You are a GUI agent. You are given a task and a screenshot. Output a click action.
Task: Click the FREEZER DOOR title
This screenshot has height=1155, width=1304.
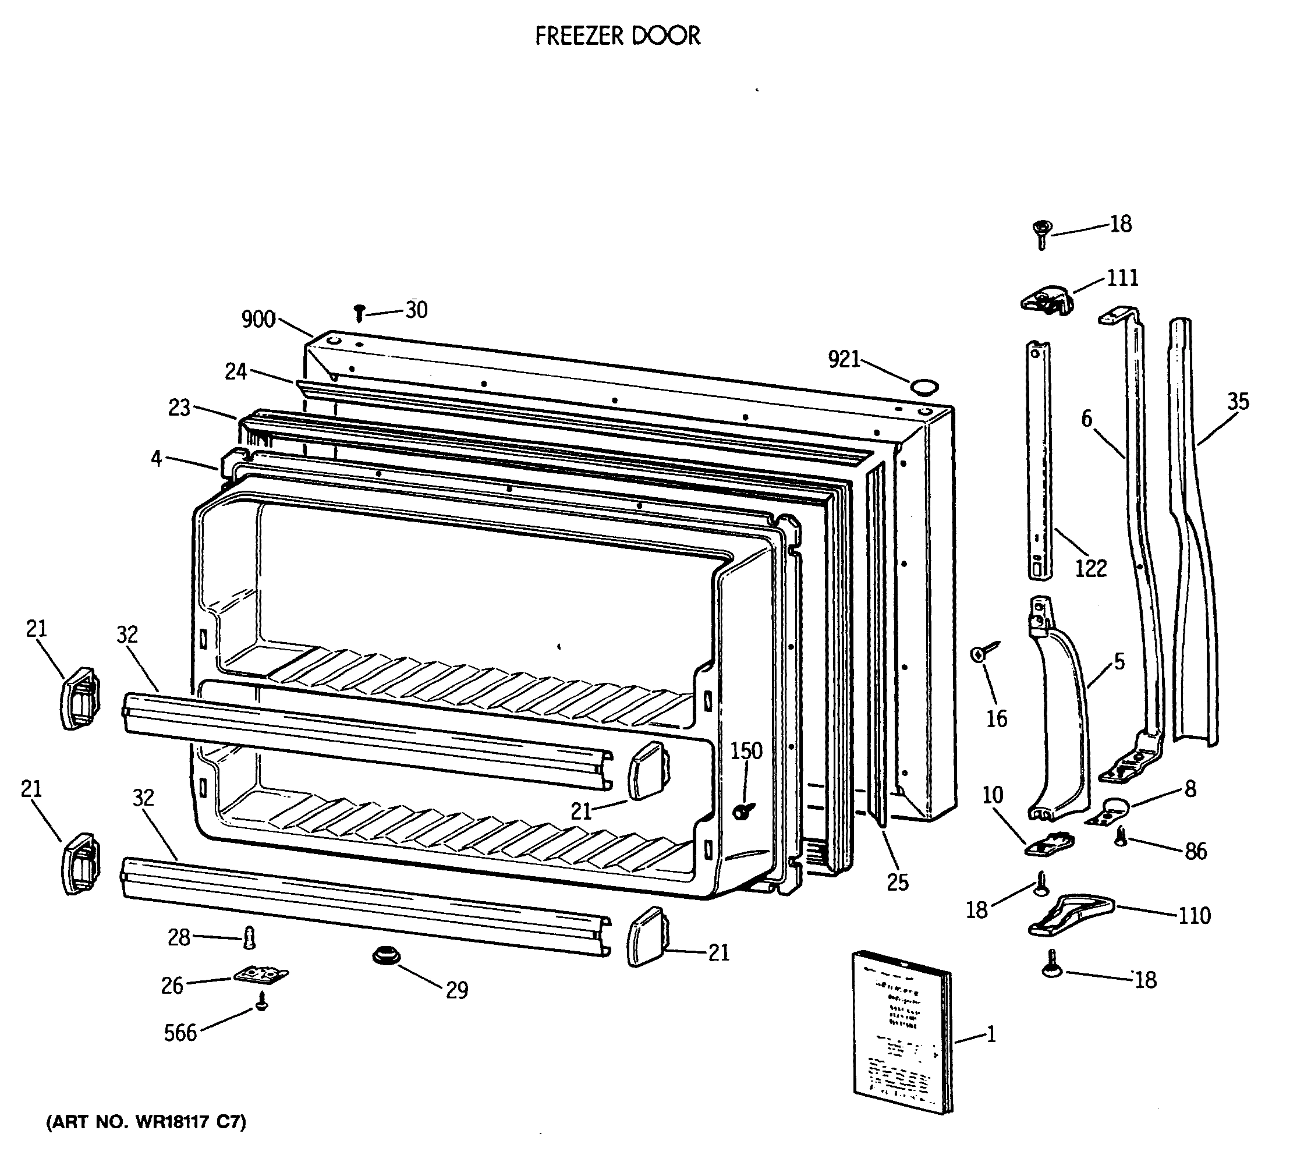click(617, 36)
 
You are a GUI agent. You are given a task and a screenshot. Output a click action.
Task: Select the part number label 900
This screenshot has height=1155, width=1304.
click(258, 319)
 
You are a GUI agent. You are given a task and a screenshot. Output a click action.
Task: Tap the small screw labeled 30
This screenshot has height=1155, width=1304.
click(359, 313)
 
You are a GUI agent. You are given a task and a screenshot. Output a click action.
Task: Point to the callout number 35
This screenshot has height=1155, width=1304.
click(1238, 401)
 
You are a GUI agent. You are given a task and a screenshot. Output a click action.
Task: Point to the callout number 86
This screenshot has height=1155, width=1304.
click(1196, 851)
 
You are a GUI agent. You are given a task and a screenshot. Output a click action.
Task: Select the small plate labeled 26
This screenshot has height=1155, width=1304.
click(260, 975)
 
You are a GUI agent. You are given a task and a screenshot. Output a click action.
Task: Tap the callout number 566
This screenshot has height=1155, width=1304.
click(180, 1033)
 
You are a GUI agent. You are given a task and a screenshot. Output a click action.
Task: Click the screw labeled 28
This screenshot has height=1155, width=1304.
click(249, 938)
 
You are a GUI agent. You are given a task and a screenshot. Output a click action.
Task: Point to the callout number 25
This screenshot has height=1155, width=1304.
click(897, 883)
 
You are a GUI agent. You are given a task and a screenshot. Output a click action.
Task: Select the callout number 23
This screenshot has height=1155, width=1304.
click(179, 408)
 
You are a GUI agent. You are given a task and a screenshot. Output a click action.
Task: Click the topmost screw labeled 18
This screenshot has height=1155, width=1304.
click(1042, 233)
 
